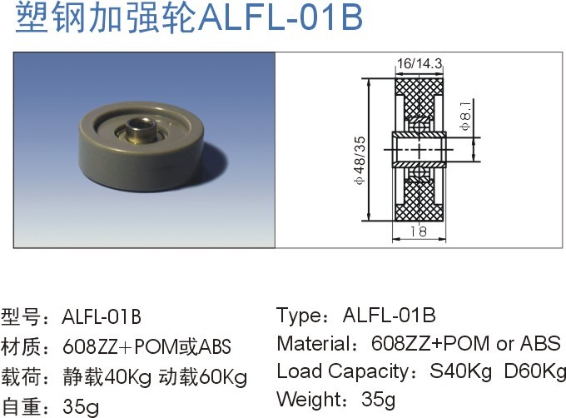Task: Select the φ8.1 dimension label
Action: [465, 112]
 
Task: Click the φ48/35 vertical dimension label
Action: [359, 158]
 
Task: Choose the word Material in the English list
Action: [311, 344]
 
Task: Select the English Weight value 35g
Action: [379, 399]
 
